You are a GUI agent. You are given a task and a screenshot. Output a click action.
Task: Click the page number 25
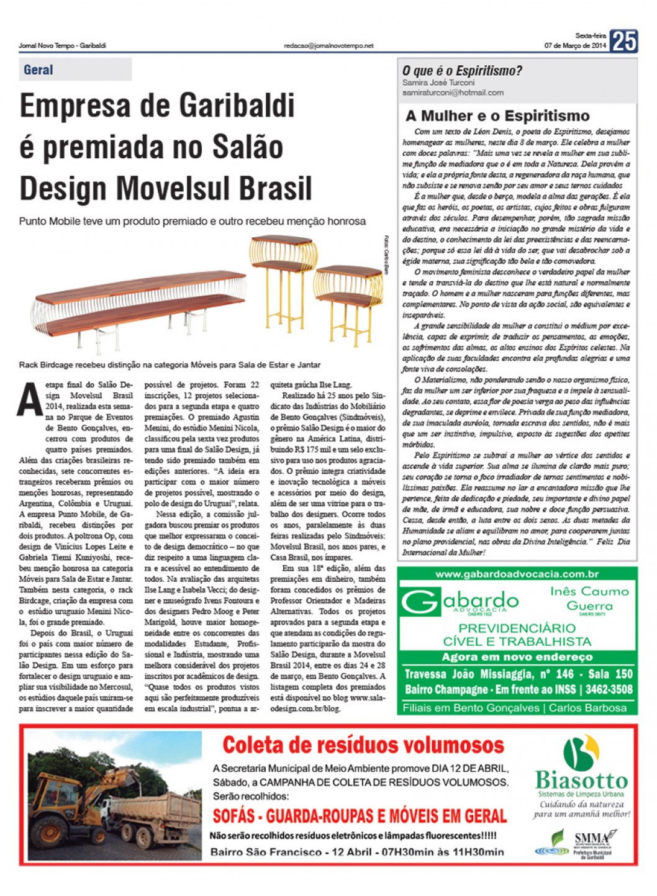(623, 42)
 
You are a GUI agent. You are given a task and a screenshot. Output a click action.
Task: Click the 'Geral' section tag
(39, 70)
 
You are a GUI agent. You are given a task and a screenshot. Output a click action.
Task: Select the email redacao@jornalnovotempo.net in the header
(328, 46)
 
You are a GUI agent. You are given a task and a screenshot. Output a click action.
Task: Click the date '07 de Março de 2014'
(575, 46)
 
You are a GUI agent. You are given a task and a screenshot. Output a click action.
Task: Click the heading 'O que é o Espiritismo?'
(462, 71)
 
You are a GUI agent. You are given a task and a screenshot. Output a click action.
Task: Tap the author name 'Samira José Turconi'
(438, 83)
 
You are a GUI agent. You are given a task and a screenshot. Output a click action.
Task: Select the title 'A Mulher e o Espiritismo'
(497, 115)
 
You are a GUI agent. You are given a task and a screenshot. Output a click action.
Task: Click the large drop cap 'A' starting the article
(29, 400)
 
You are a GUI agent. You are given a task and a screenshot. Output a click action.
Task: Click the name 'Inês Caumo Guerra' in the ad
(589, 598)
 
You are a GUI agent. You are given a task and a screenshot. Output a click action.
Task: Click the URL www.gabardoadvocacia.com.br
(517, 574)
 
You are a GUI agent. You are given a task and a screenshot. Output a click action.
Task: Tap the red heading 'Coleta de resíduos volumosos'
(363, 744)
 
